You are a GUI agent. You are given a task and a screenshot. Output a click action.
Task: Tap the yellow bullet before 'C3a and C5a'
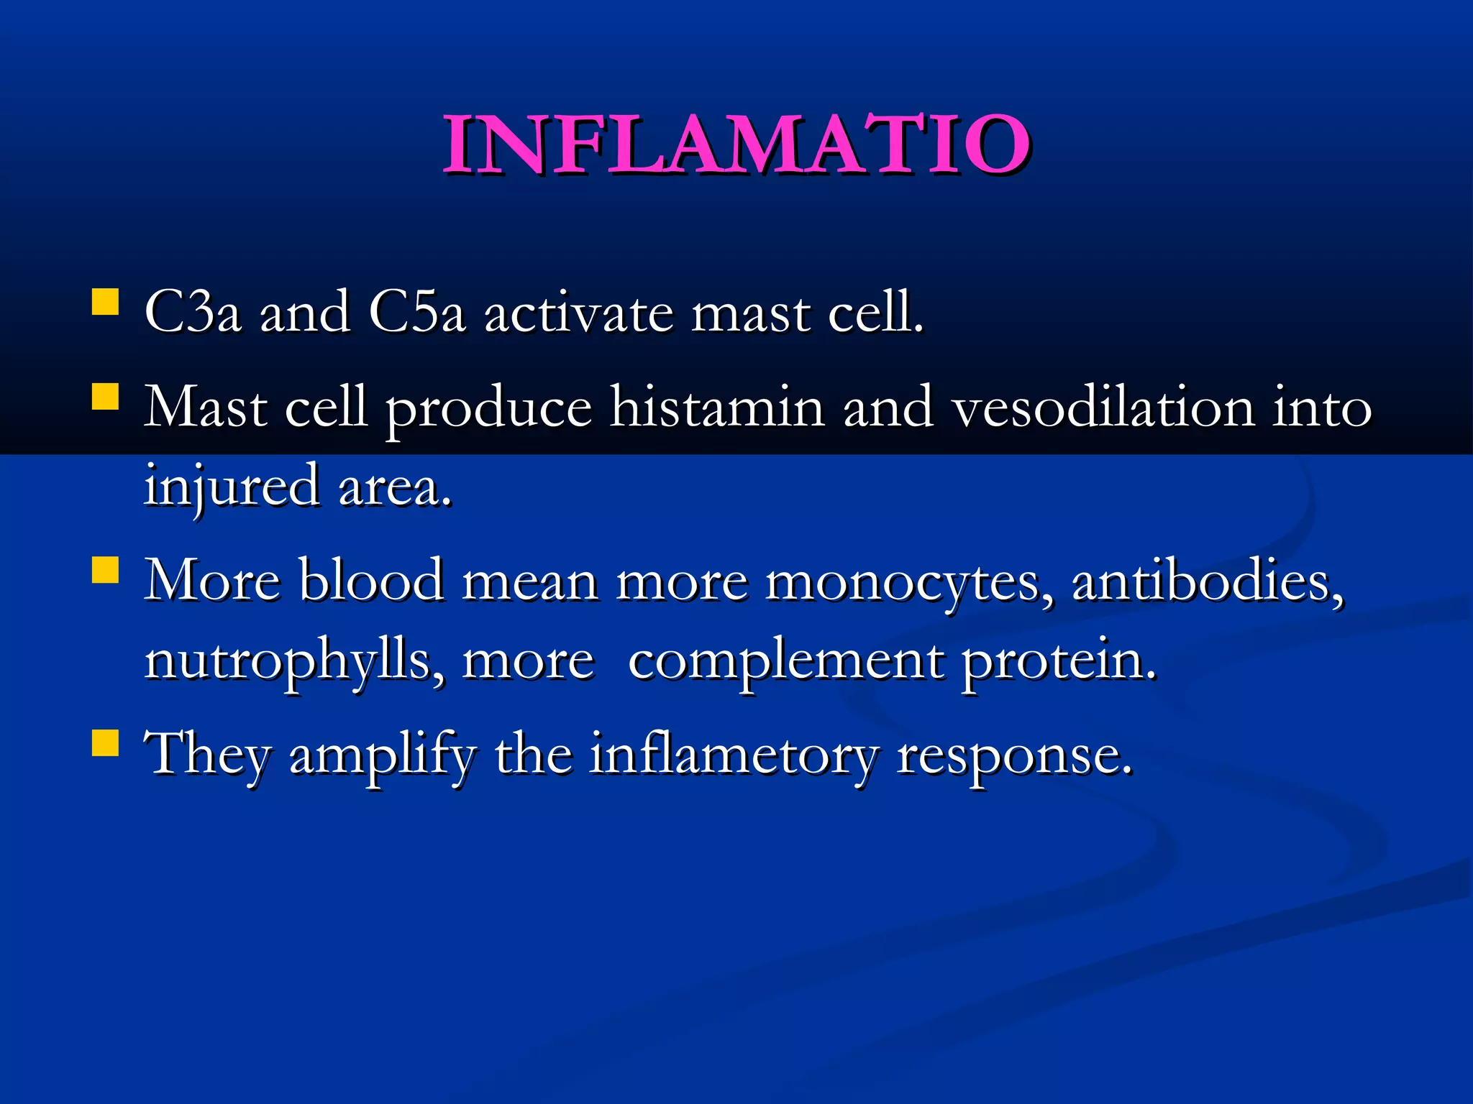tap(106, 303)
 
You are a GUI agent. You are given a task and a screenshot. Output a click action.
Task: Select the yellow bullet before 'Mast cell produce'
tap(106, 396)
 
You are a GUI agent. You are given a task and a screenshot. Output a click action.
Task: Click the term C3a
tap(193, 313)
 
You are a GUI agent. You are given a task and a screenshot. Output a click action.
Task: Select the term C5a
tap(417, 313)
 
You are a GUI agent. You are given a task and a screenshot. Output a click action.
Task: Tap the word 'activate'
tap(578, 313)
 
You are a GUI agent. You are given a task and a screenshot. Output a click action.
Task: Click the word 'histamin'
tap(717, 408)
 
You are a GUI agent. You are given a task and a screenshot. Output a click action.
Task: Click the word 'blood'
tap(371, 580)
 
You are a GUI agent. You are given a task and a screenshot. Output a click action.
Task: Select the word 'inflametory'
tap(734, 755)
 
